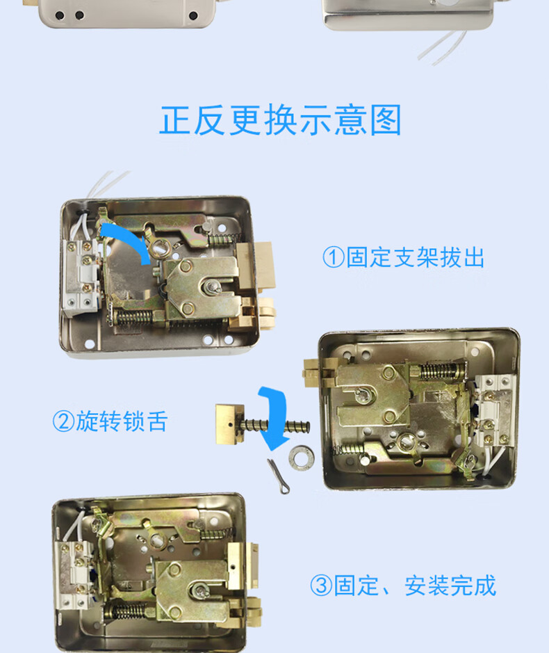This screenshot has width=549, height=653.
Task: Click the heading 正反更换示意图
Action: pos(281,120)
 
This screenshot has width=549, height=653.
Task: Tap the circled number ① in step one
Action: pos(333,257)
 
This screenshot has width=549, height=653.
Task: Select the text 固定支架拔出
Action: pos(415,257)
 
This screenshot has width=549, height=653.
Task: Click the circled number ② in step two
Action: pos(63,421)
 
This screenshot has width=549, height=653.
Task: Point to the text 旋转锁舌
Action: pos(122,421)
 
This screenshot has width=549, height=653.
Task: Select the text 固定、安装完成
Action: pos(415,586)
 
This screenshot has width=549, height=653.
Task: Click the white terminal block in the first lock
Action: pos(82,275)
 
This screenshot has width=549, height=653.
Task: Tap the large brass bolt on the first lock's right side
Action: pos(262,268)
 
